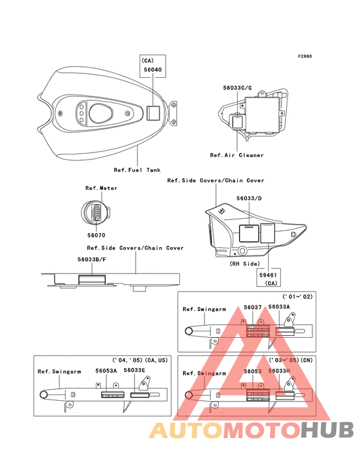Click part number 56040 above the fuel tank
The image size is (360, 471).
point(153,69)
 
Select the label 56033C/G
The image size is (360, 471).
point(237,88)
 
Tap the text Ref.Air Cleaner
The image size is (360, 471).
point(237,155)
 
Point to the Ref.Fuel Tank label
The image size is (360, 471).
point(137,170)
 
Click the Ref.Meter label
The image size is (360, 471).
point(102,188)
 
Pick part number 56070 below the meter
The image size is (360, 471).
point(96,235)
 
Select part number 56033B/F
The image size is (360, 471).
point(92,259)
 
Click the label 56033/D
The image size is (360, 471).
point(249,198)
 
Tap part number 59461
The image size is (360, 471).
point(268,275)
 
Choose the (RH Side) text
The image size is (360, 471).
point(245,264)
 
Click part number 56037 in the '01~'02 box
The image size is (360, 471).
point(253,307)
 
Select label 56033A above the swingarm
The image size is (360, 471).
point(279,307)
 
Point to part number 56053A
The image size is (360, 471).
point(106,371)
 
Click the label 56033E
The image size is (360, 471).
point(134,370)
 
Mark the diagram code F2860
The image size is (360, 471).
point(305,56)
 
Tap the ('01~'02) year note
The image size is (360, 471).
point(298,297)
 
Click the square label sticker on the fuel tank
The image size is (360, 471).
point(153,113)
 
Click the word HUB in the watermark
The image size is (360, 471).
point(327,430)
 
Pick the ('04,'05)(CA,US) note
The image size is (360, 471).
point(140,360)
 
